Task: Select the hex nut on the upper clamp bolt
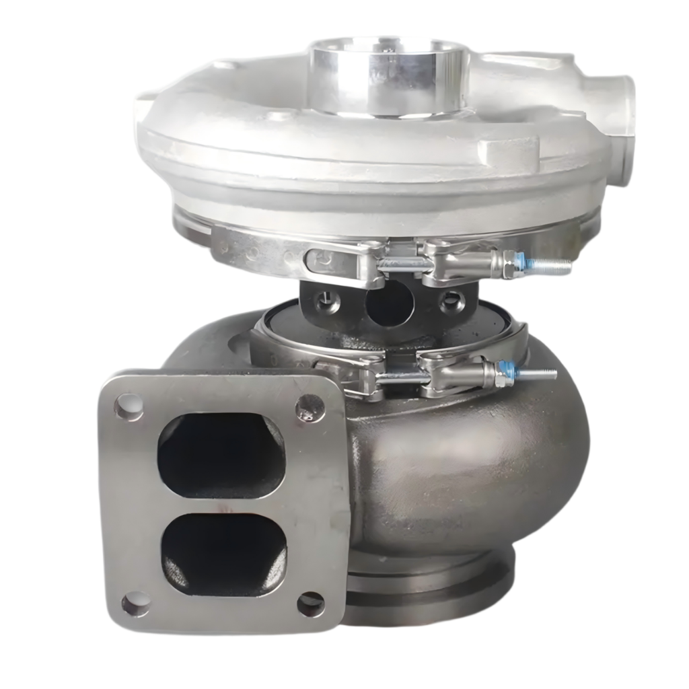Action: coord(511,262)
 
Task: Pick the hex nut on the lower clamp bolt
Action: coord(501,373)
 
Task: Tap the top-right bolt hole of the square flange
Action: coord(310,406)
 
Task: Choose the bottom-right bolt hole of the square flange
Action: coord(311,604)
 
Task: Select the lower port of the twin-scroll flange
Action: coord(223,554)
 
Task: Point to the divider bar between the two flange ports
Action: coord(223,506)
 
